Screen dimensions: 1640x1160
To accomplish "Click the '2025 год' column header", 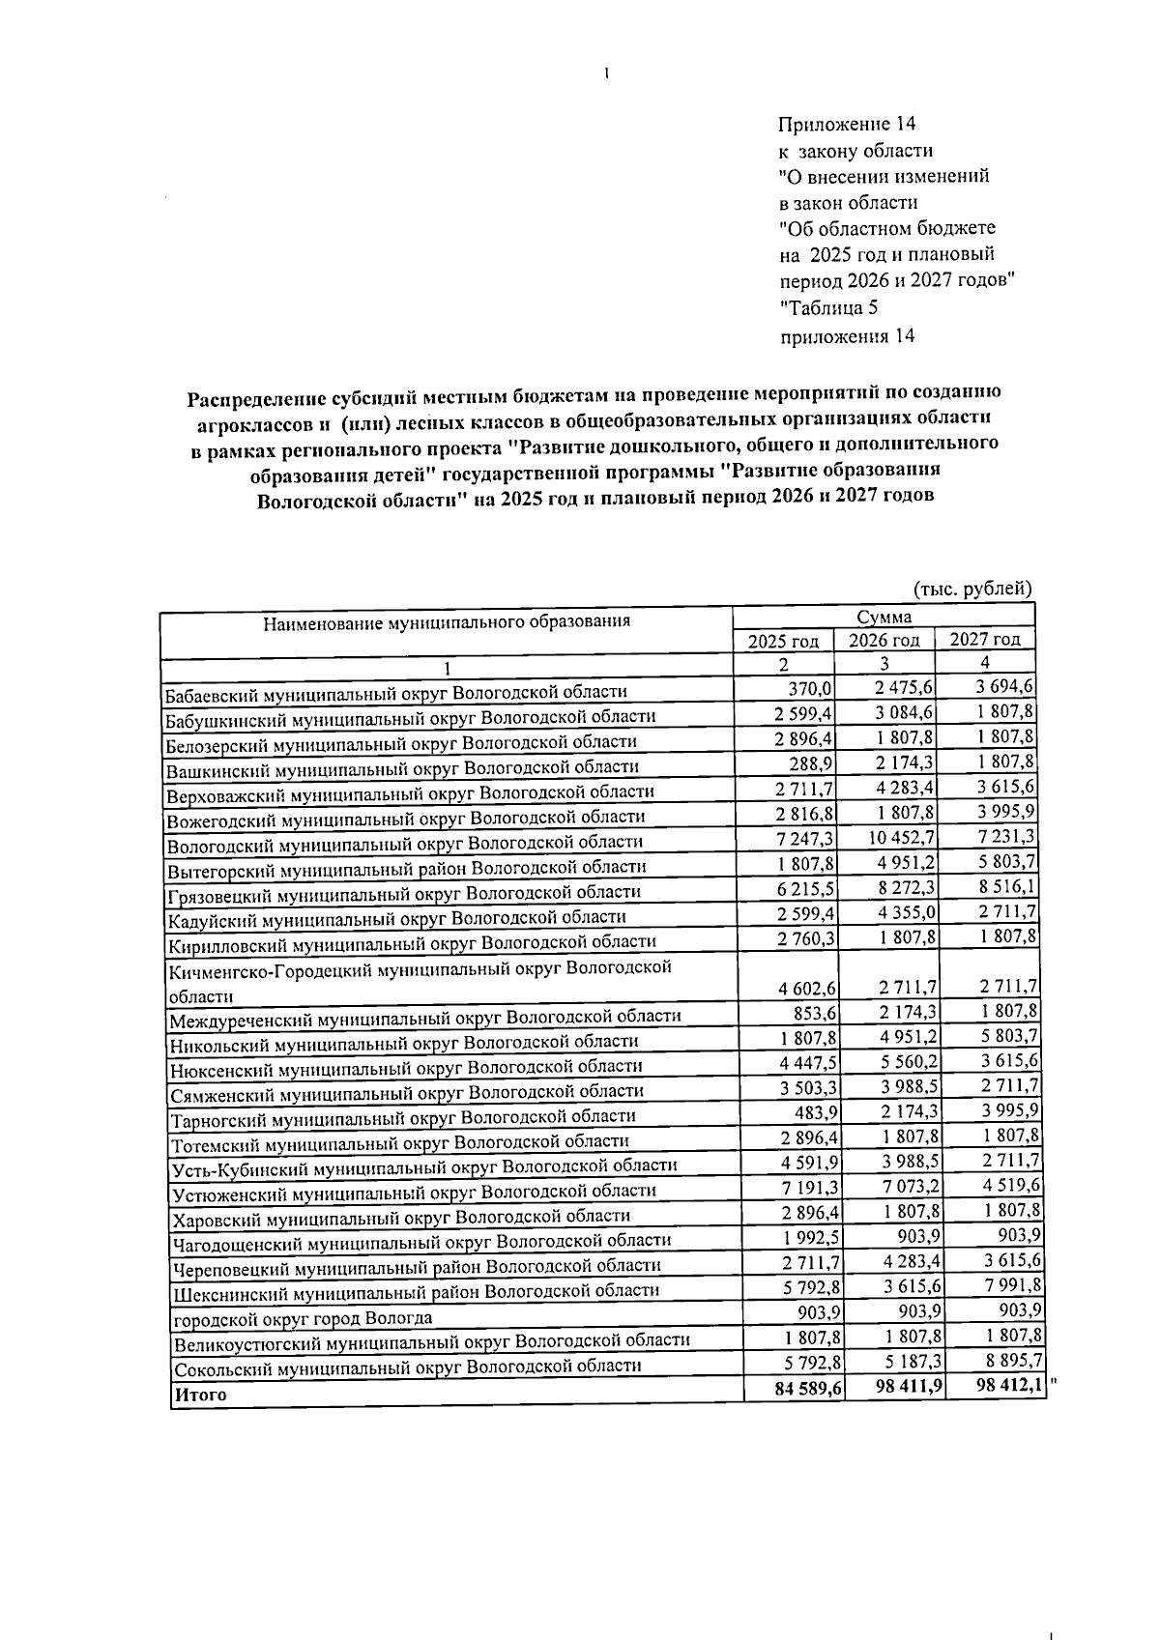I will pos(784,641).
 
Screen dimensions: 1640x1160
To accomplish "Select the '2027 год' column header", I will pos(984,639).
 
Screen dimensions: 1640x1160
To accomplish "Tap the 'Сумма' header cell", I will pos(883,617).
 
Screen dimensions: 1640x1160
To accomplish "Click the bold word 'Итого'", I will pos(200,1395).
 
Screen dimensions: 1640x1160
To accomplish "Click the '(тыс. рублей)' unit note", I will pos(971,589).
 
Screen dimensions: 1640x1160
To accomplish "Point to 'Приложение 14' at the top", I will pos(847,125).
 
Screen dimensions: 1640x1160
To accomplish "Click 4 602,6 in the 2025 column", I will pos(805,988).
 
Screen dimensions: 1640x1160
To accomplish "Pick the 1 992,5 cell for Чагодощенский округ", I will pos(805,1237).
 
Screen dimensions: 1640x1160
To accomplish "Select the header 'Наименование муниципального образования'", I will pos(446,622).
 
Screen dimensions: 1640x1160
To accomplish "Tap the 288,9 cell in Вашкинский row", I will pos(810,763).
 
